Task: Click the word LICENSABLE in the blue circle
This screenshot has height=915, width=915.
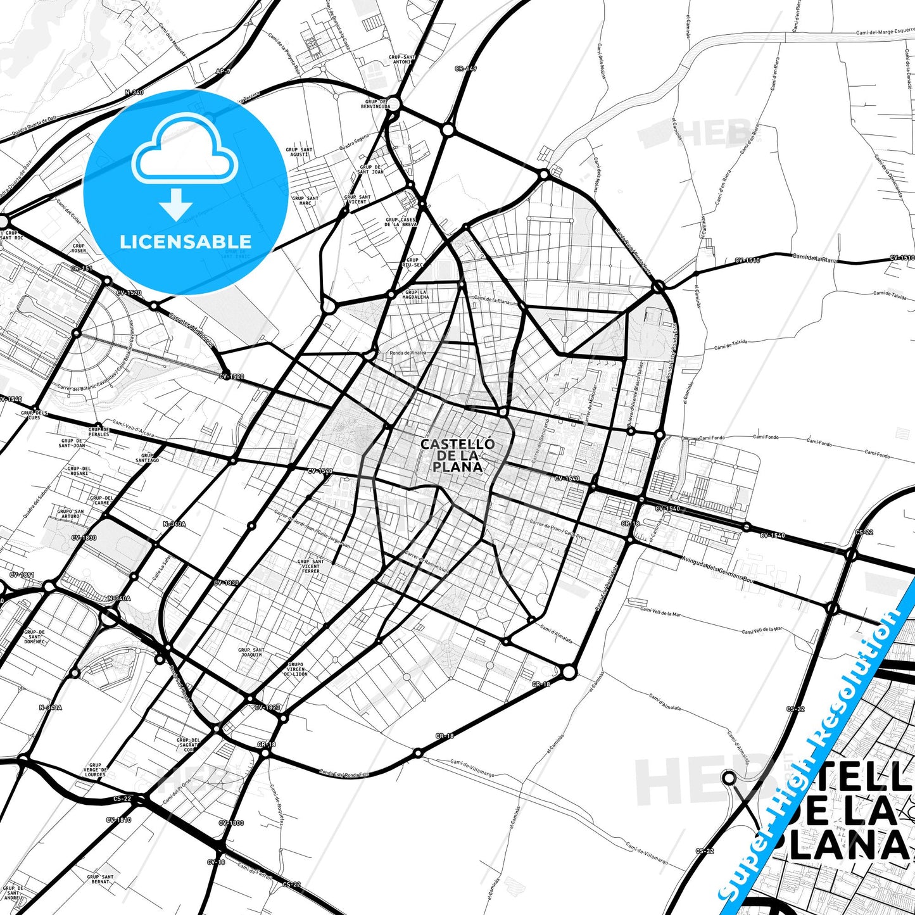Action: tap(186, 242)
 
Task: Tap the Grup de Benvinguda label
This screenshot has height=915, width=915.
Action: tap(375, 104)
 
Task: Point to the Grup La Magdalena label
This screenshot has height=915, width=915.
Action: tap(416, 294)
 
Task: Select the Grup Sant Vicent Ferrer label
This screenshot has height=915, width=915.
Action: tap(310, 566)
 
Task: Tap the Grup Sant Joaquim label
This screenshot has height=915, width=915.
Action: tap(251, 652)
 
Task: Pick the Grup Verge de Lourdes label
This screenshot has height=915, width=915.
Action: tap(95, 770)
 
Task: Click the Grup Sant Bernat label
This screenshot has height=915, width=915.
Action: tap(100, 879)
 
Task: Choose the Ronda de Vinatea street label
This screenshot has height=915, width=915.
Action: tap(408, 353)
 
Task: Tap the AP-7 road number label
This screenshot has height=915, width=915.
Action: tap(222, 72)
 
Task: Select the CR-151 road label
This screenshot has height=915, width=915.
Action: tap(82, 268)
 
